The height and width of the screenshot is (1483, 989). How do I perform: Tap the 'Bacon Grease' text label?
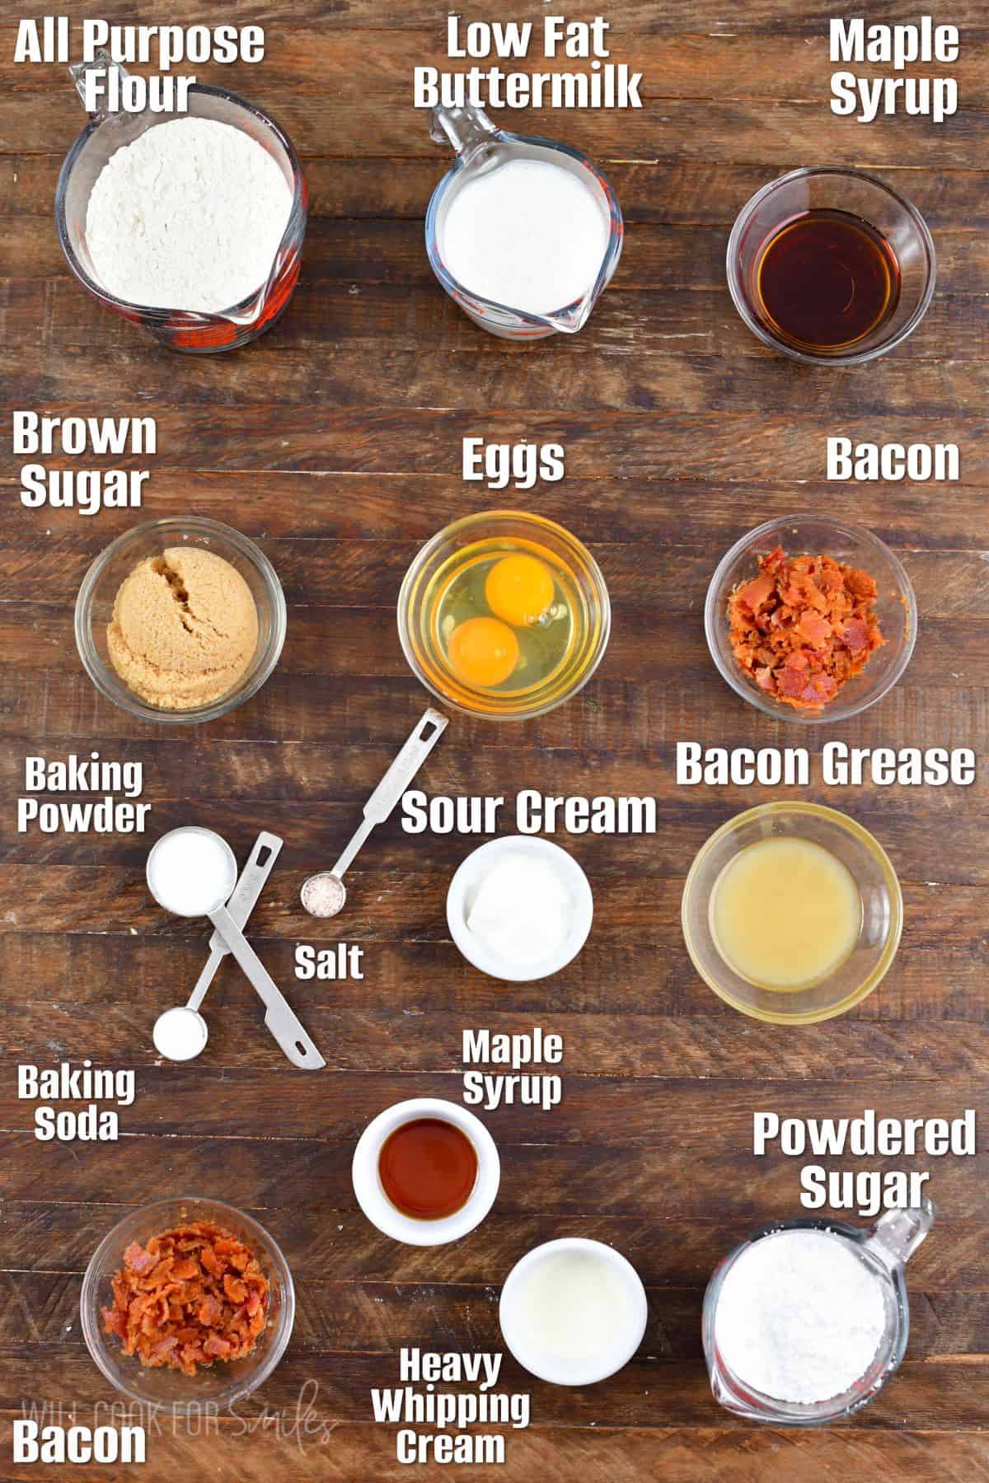tap(824, 765)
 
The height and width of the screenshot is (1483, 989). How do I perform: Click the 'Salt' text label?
tap(329, 962)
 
